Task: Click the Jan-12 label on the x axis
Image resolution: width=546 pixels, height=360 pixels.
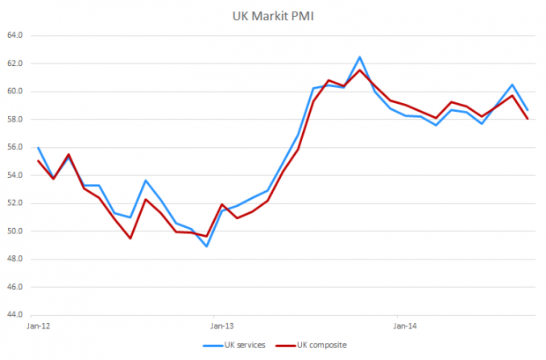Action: point(39,326)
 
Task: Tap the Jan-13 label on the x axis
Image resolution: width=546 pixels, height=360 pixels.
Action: point(214,326)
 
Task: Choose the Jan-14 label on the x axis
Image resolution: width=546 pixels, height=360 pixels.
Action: point(398,326)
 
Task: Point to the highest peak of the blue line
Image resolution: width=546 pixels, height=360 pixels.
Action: point(359,56)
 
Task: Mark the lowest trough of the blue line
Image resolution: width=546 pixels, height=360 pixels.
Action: point(206,246)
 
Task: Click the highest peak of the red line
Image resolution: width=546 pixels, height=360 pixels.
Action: point(359,70)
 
